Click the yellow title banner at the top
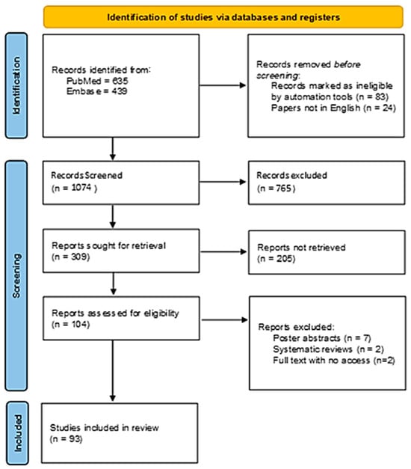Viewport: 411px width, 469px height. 223,17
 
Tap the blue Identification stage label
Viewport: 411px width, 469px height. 16,85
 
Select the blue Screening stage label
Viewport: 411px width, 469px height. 16,276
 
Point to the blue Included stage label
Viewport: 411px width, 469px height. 17,433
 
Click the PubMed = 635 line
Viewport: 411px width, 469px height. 97,81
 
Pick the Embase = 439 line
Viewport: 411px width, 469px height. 96,91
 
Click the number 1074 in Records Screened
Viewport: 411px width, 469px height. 81,188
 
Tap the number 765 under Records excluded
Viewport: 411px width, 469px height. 283,188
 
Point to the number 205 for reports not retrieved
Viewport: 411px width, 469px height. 284,258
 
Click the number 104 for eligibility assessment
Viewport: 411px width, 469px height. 79,324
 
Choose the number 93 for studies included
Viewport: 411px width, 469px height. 73,439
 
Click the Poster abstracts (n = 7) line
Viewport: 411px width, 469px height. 322,338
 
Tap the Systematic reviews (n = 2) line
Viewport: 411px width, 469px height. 328,349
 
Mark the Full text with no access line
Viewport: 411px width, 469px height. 334,360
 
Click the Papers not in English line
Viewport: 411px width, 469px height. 333,108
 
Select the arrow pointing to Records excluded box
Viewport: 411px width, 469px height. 223,182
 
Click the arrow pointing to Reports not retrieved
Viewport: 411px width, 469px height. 223,252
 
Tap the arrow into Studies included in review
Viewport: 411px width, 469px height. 113,370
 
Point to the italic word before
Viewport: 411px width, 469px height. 347,64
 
